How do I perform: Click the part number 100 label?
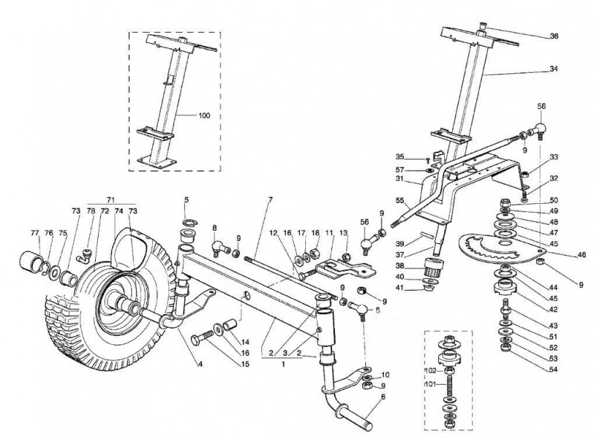coord(204,116)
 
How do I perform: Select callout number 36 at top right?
coord(554,36)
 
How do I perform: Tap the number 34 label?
coord(554,69)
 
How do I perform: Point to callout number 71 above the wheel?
coord(111,199)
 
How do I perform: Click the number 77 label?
coord(35,233)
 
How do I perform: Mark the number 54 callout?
coord(553,369)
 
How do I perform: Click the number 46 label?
coord(581,255)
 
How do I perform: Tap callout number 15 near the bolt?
coord(245,364)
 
